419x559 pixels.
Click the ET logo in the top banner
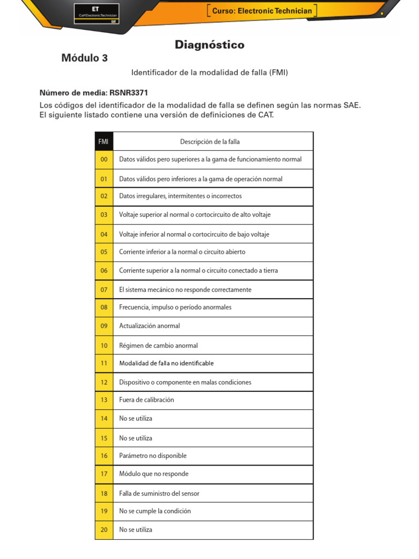96,13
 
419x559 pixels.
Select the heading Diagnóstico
209,45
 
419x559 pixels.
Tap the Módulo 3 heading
85,58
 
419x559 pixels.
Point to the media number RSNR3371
129,93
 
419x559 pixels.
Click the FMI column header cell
104,141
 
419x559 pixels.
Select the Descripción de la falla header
209,142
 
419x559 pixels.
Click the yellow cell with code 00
104,159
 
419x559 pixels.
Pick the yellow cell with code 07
104,290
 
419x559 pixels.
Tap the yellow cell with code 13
104,400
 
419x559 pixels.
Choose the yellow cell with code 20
104,530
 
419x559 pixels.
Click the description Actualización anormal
149,326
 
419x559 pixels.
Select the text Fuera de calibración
146,400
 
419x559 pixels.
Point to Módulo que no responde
153,474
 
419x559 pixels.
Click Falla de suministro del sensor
159,493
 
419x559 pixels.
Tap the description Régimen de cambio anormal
158,346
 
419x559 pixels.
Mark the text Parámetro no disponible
152,455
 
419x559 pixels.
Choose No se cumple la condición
155,512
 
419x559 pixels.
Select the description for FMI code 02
180,196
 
